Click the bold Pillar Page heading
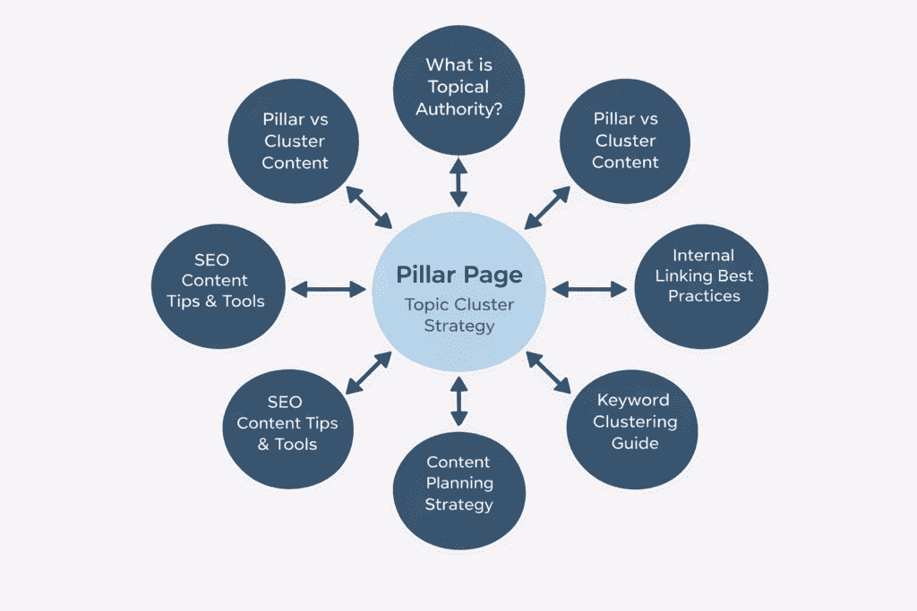pyautogui.click(x=458, y=275)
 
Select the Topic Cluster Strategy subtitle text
pyautogui.click(x=458, y=315)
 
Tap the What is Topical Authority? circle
pyautogui.click(x=458, y=87)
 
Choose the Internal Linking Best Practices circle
pyautogui.click(x=704, y=275)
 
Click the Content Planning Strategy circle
pyautogui.click(x=458, y=483)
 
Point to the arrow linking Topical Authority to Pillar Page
pyautogui.click(x=458, y=183)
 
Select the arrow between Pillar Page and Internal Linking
pyautogui.click(x=590, y=289)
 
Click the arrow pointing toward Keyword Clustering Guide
pyautogui.click(x=548, y=372)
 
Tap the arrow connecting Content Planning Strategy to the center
pyautogui.click(x=458, y=401)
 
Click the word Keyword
pyautogui.click(x=633, y=400)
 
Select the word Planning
pyautogui.click(x=458, y=483)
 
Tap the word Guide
pyautogui.click(x=634, y=443)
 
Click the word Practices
pyautogui.click(x=704, y=295)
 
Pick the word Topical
pyautogui.click(x=458, y=87)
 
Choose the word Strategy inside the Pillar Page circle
pyautogui.click(x=458, y=326)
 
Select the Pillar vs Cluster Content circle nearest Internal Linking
pyautogui.click(x=625, y=140)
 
